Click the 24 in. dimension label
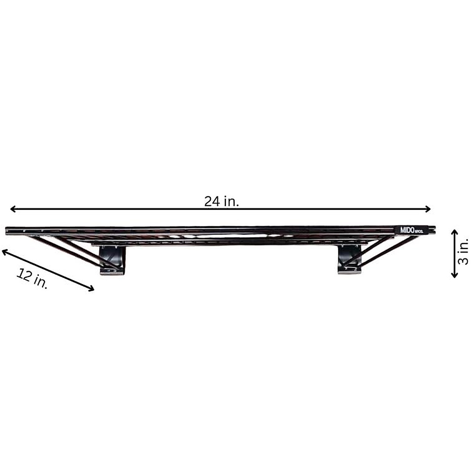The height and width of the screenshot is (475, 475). point(221,202)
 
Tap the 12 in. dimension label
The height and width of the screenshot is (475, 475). point(32,278)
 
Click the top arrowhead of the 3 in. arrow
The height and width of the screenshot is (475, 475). point(455,232)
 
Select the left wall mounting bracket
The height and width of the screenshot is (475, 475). point(112,260)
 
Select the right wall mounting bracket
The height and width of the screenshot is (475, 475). point(350,259)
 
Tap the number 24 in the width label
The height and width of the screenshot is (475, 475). point(212,202)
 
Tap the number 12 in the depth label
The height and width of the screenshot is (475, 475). point(24,275)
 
